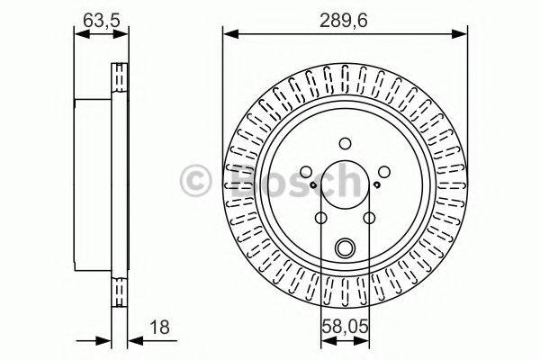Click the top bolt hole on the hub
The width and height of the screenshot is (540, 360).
(346, 142)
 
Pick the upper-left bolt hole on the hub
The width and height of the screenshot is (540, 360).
(306, 171)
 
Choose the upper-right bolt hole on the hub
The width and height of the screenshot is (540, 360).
(384, 171)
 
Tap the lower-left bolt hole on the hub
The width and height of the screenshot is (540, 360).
(321, 218)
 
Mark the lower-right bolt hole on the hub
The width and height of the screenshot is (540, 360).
(370, 218)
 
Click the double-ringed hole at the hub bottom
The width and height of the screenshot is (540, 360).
(346, 247)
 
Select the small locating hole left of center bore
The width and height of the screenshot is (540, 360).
(311, 185)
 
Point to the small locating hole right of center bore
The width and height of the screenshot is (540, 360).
(379, 185)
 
